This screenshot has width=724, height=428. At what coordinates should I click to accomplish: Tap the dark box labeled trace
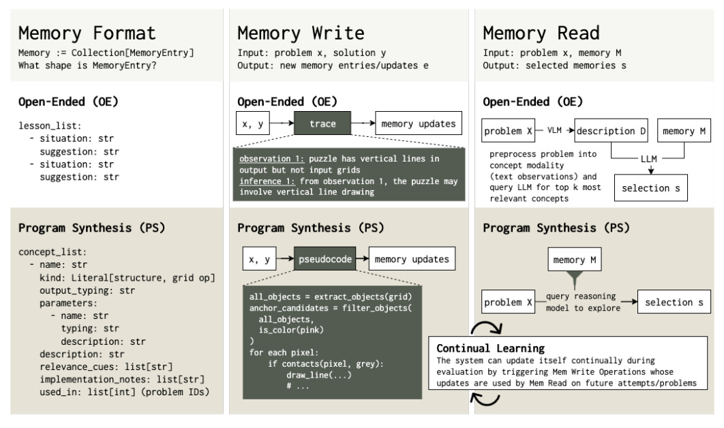point(322,125)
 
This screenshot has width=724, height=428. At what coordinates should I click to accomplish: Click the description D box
point(613,129)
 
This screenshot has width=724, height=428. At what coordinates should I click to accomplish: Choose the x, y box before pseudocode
point(261,259)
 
